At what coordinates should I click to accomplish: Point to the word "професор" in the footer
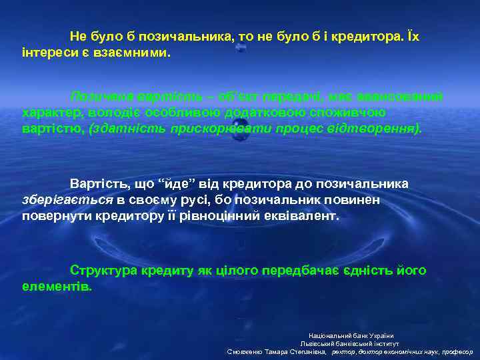[x=455, y=351]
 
